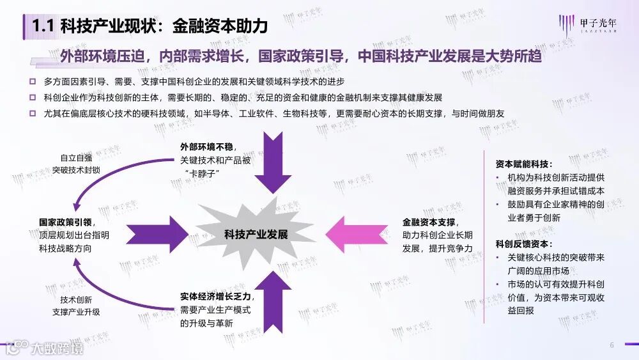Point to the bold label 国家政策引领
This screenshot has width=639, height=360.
[x=65, y=223]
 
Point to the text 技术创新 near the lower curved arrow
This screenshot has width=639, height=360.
[x=76, y=299]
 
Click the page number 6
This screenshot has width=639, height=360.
[x=612, y=345]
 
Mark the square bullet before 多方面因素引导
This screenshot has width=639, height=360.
[x=33, y=82]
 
